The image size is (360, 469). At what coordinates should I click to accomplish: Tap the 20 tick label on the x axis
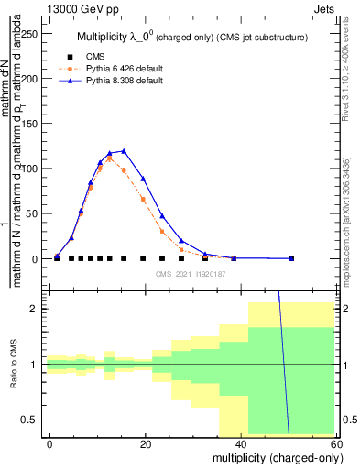point(144,443)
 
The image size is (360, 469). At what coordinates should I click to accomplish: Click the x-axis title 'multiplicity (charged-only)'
point(272,457)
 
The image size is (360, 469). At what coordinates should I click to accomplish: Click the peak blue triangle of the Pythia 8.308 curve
point(124,151)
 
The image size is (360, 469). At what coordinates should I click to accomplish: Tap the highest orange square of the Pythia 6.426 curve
point(110,158)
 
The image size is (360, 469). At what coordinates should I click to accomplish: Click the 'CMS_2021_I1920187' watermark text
point(191,274)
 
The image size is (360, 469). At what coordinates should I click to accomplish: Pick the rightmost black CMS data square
point(291,258)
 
